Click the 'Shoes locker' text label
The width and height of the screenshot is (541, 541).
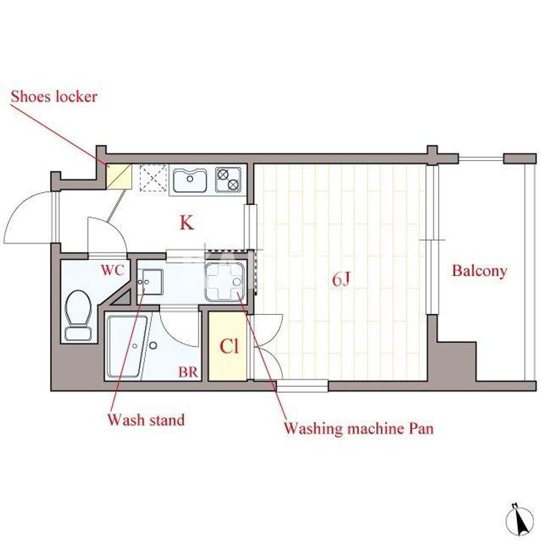click(54, 97)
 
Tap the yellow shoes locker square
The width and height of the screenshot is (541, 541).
click(119, 177)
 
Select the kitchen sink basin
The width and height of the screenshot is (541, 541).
click(189, 180)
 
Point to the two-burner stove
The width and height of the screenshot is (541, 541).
click(228, 180)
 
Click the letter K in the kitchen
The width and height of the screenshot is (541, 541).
click(186, 222)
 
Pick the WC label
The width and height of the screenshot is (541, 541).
click(113, 270)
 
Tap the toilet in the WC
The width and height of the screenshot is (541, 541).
click(78, 315)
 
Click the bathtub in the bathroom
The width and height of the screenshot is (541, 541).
click(127, 346)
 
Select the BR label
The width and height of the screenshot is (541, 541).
click(188, 372)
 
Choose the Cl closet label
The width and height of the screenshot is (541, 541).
click(229, 346)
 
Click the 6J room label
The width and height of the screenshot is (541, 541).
click(341, 280)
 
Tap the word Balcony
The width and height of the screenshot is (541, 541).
click(479, 271)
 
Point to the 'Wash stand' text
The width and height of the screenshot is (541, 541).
click(146, 420)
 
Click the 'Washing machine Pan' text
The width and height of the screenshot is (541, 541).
click(358, 428)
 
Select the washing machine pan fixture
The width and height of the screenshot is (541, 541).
click(225, 281)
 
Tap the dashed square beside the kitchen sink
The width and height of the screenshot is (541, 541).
click(153, 178)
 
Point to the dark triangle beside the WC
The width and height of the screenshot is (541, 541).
click(122, 298)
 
